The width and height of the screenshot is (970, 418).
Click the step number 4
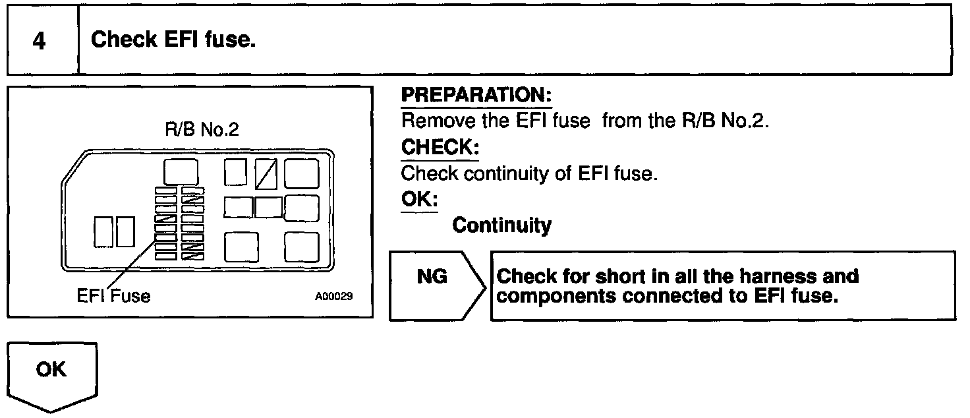tap(40, 41)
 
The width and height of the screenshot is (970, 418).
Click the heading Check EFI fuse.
tap(173, 40)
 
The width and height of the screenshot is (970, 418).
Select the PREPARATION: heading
tap(476, 96)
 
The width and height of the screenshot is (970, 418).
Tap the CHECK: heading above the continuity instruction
tap(440, 148)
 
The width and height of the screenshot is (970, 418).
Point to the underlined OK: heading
tap(420, 200)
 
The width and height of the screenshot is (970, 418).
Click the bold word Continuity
tap(501, 225)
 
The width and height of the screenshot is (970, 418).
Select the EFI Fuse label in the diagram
tap(113, 295)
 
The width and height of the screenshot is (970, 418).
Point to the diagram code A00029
tap(333, 296)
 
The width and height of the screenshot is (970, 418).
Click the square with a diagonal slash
tap(267, 173)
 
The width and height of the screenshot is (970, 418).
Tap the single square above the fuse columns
tap(181, 171)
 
